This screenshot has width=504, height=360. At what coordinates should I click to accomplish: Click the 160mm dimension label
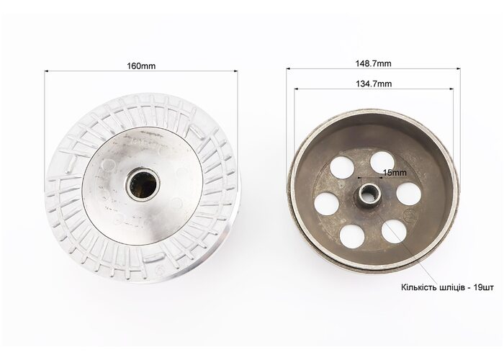click(141, 66)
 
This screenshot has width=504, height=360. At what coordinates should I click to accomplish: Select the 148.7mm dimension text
click(373, 63)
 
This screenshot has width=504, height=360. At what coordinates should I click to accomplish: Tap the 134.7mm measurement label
click(374, 84)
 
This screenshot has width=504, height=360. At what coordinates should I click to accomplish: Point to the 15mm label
click(395, 173)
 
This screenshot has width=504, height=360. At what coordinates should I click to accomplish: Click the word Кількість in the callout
click(418, 287)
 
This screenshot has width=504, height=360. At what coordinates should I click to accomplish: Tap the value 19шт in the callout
click(483, 287)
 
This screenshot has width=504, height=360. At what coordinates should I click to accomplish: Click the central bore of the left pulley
click(143, 184)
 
